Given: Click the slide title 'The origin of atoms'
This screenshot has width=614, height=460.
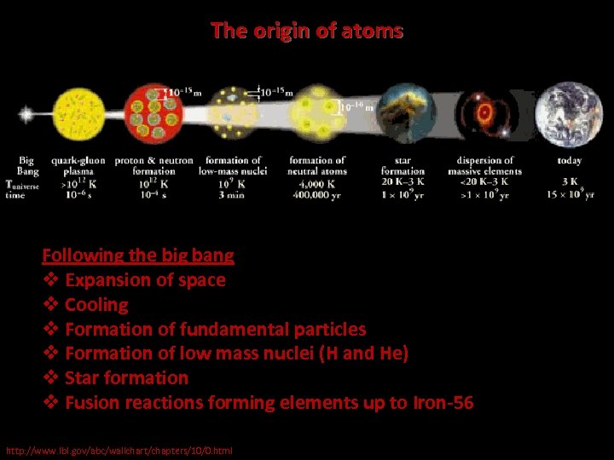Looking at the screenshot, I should tap(307, 32).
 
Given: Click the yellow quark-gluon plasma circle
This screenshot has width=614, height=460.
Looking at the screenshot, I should tap(78, 112).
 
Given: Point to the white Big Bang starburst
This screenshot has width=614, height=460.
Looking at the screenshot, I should tap(26, 113).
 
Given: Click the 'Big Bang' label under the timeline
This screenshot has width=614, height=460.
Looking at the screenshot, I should tap(26, 165).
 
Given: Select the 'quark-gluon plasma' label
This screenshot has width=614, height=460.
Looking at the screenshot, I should tap(78, 165).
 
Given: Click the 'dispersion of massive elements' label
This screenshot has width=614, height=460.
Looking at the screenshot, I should tap(484, 165).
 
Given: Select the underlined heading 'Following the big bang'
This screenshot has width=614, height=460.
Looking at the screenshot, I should tap(138, 255).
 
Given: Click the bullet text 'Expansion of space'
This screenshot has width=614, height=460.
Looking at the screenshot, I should tap(145, 279).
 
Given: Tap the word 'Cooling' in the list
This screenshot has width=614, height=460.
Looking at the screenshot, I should tap(96, 304).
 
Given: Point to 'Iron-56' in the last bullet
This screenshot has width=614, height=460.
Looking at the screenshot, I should tap(443, 403).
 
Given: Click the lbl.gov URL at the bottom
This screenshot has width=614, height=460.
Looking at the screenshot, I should tap(119, 450).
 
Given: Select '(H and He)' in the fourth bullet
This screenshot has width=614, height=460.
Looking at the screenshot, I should tap(364, 354).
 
